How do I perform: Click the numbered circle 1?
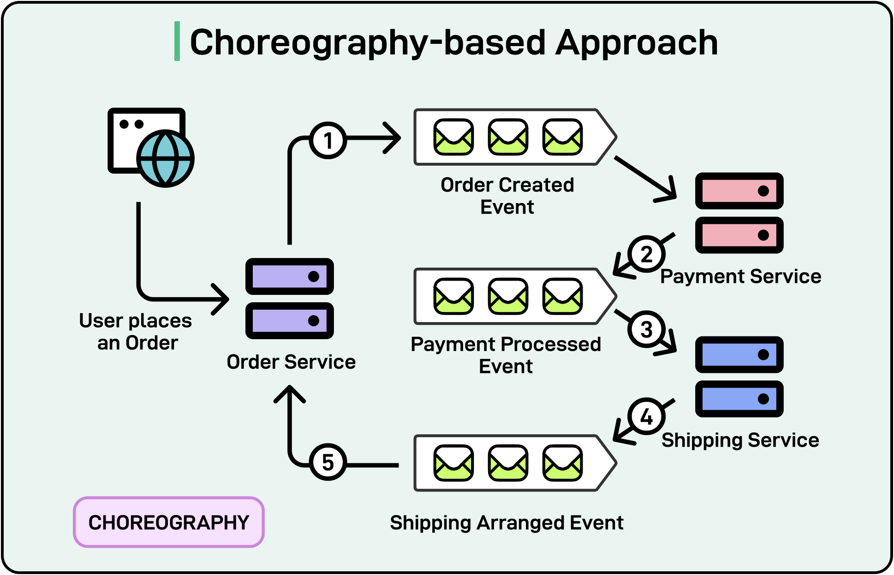point(328,141)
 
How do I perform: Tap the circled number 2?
point(646,254)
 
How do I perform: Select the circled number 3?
point(646,329)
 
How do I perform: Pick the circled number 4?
point(646,417)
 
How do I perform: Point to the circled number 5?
point(328,462)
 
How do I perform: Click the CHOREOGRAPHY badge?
point(169,522)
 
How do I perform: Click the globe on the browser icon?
point(165,158)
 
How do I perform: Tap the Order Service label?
point(291,362)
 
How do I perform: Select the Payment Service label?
point(740,276)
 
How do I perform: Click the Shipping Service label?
point(740,440)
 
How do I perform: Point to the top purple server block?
point(290,276)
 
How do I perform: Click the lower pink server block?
point(739,235)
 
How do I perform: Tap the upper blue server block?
point(739,354)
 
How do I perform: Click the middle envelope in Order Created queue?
point(508,137)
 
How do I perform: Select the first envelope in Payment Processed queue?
point(453,296)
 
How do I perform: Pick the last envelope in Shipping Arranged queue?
point(562,463)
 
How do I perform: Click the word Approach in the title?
point(637,42)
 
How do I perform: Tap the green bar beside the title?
point(177,41)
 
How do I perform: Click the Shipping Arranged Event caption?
point(507,523)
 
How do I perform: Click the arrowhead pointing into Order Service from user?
point(221,299)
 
